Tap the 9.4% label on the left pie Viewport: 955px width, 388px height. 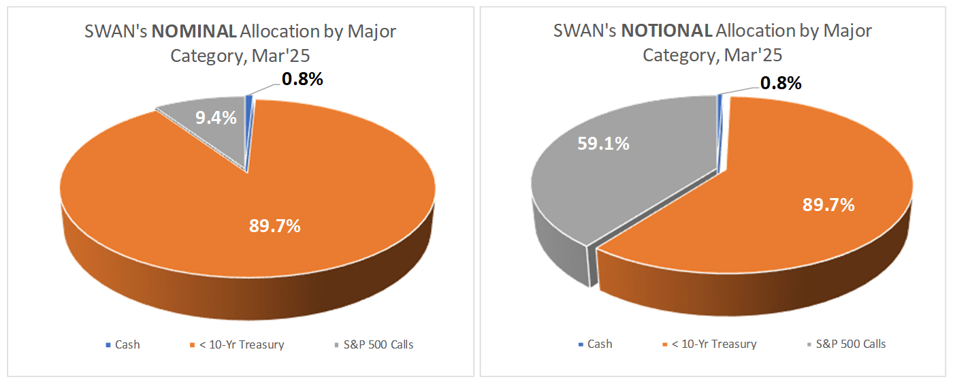216,118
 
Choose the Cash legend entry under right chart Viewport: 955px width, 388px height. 599,344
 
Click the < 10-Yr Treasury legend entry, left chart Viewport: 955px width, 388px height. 239,344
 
